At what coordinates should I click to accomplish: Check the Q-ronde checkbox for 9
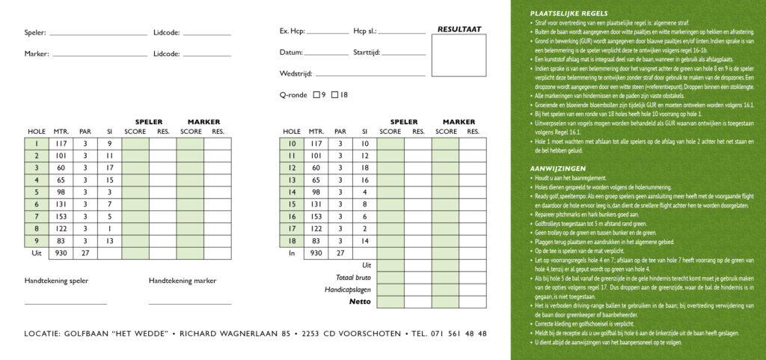pos(318,95)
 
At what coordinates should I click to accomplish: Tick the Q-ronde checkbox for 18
pos(336,95)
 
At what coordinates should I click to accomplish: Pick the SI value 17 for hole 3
pos(109,168)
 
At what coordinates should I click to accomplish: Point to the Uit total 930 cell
pos(61,253)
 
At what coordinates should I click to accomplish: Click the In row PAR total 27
pos(340,253)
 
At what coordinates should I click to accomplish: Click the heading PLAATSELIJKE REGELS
pos(569,13)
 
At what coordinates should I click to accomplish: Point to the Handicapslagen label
pos(348,290)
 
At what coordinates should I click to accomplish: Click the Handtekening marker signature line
pos(189,304)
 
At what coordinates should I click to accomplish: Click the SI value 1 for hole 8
pos(109,228)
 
